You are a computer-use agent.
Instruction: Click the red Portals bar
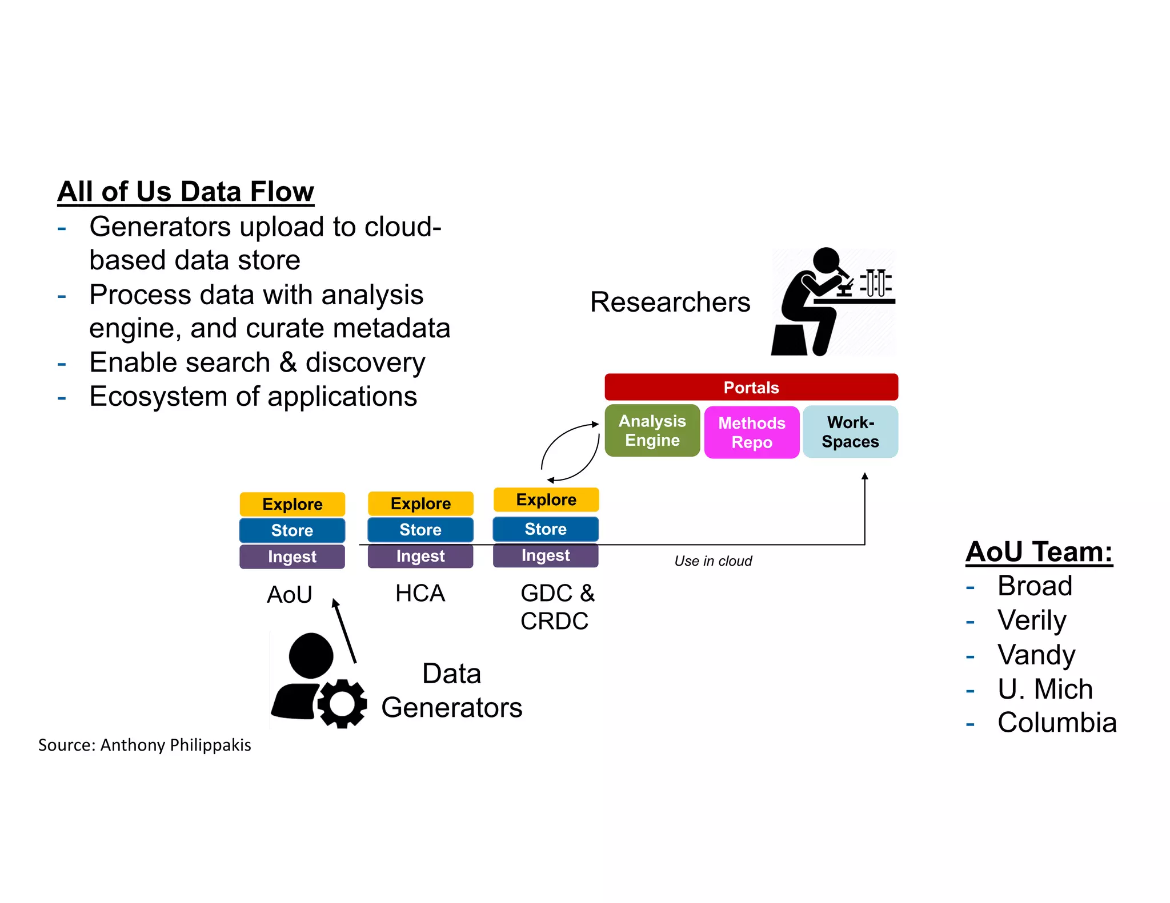pos(751,387)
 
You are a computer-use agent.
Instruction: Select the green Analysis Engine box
pos(652,430)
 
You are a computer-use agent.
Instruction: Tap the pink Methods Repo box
pos(751,432)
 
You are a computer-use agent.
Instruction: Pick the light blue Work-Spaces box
pos(850,432)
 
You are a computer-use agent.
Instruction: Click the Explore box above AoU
pos(292,504)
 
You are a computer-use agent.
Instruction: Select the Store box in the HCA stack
pos(420,530)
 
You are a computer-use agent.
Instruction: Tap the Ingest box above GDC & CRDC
pos(546,555)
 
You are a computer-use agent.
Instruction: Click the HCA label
pos(420,594)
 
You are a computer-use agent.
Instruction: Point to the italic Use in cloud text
pos(713,561)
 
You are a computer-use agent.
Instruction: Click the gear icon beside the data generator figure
pos(342,703)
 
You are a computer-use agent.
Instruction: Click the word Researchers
pos(670,302)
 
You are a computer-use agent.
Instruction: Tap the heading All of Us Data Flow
pos(186,191)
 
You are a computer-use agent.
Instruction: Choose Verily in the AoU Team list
pos(1031,620)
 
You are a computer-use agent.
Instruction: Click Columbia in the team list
pos(1056,723)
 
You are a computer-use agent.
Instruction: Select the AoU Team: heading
pos(1039,552)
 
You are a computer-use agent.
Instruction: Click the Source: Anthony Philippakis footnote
pos(145,745)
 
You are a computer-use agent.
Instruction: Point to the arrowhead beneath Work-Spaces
pos(864,475)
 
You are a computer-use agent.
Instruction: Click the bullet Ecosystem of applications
pos(253,396)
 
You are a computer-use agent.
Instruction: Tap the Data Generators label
pos(451,691)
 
